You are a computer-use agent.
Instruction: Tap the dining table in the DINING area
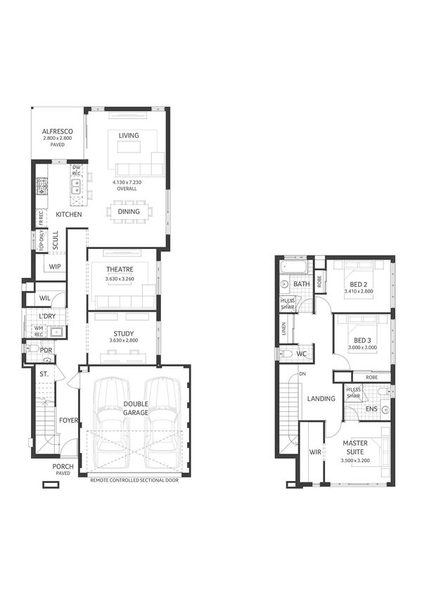point(129,212)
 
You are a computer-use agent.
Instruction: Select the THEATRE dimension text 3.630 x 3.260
point(120,279)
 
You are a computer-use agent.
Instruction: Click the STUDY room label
point(123,334)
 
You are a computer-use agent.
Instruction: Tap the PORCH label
point(62,466)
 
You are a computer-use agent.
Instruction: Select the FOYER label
point(68,421)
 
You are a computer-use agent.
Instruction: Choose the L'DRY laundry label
point(47,317)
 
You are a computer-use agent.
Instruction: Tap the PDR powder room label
point(46,349)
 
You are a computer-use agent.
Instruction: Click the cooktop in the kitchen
point(41,186)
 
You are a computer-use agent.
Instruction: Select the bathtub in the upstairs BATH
point(294,269)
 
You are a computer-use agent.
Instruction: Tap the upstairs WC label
point(301,353)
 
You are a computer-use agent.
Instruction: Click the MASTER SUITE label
point(358,447)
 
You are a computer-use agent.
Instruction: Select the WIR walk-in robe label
point(314,453)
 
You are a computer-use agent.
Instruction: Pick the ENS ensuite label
point(371,409)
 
